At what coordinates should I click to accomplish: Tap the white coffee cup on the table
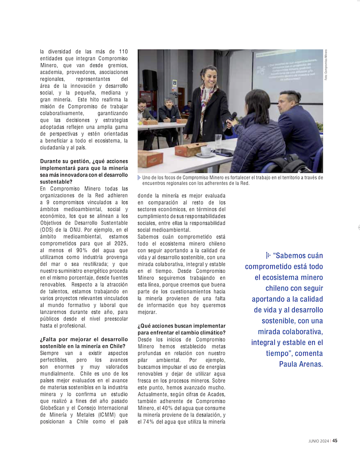click(206, 151)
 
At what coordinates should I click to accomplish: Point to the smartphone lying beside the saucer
click(223, 153)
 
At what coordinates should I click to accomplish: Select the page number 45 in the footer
click(335, 440)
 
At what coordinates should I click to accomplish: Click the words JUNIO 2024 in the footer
click(318, 441)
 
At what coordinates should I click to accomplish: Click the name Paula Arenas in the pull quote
click(301, 364)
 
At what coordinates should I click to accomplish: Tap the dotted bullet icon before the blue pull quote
click(268, 255)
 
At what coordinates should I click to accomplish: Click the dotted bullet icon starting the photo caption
click(139, 178)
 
